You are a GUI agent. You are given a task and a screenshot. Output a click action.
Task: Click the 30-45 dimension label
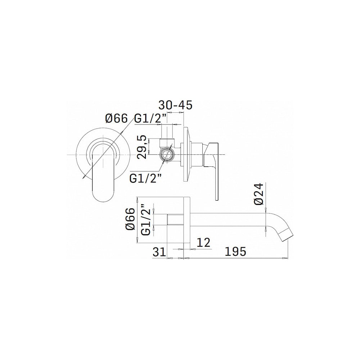tap(176, 105)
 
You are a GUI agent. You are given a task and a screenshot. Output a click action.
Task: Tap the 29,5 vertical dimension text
tap(142, 147)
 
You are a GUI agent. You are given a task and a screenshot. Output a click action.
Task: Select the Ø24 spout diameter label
tap(258, 194)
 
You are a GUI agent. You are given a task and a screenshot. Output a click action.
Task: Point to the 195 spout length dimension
tap(235, 251)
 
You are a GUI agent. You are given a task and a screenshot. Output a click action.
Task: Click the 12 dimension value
tap(203, 242)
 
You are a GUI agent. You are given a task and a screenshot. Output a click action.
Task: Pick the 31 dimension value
tap(159, 252)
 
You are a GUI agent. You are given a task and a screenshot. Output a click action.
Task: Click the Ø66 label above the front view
tap(116, 119)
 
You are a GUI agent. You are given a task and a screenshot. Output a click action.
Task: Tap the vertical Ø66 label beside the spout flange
tap(130, 219)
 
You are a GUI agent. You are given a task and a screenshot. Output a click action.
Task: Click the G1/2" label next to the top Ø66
tap(150, 119)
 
